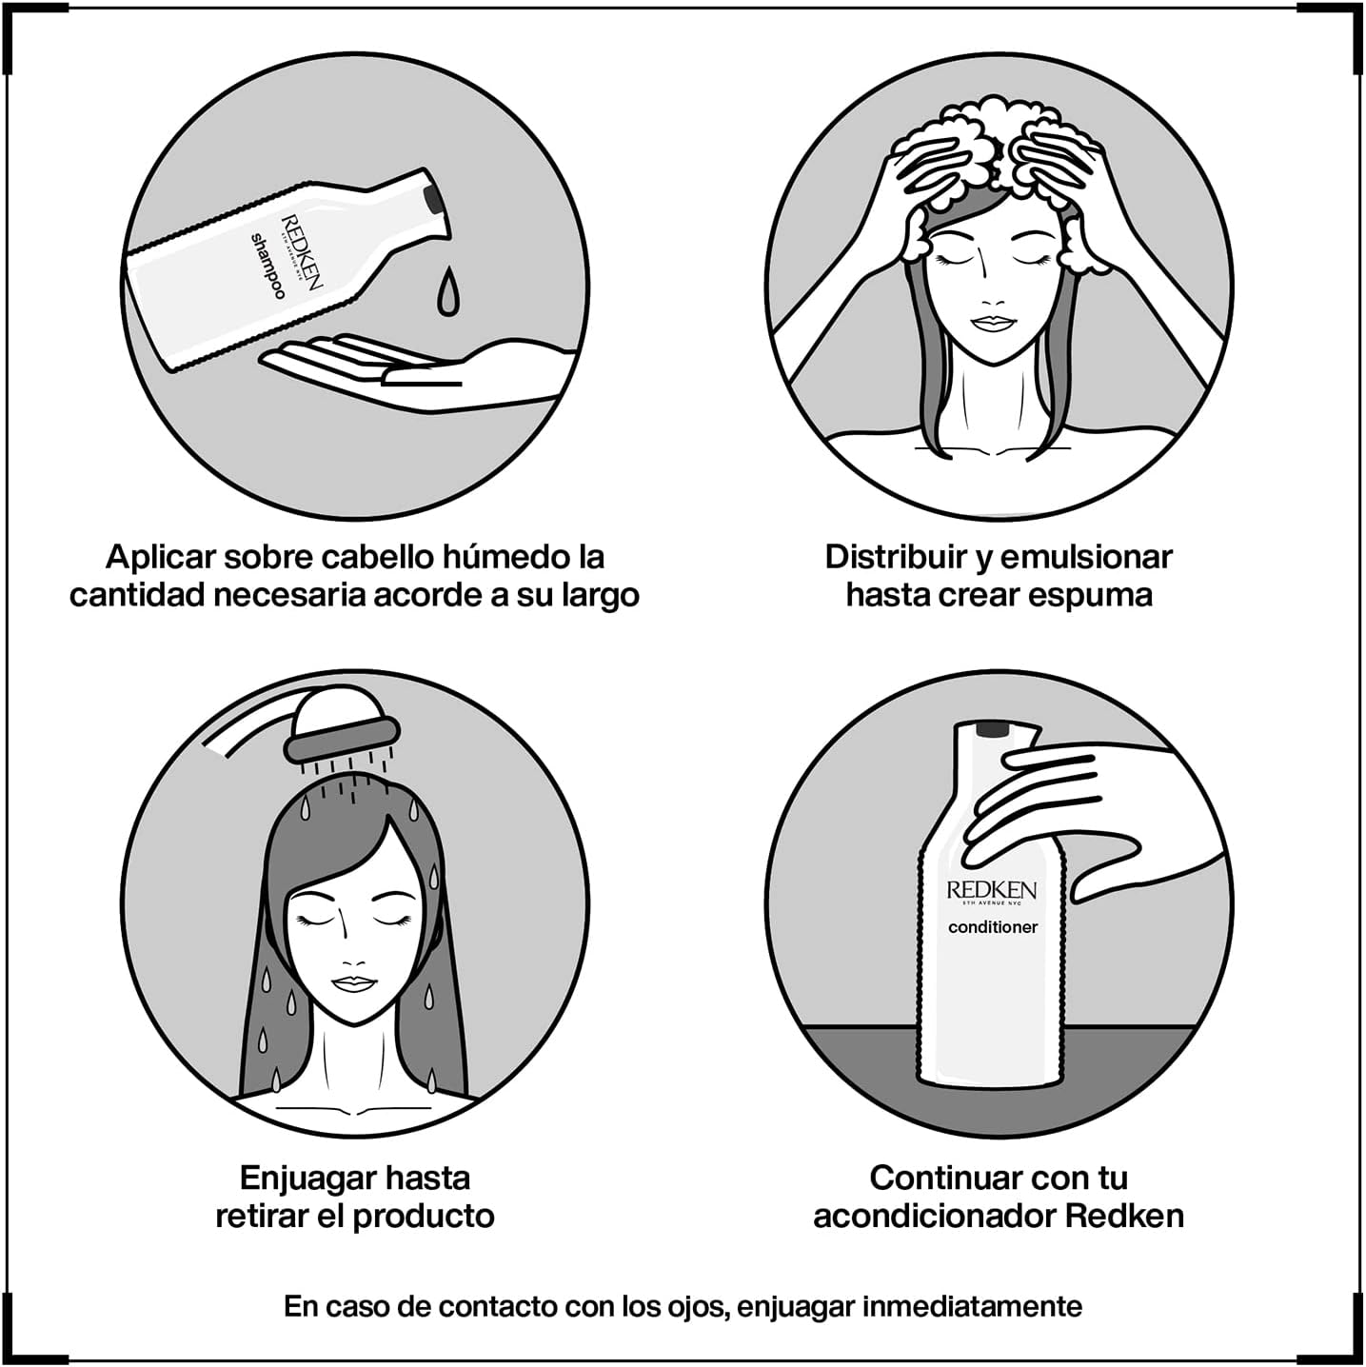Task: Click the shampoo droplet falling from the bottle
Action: (446, 291)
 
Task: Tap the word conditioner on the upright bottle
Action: (993, 926)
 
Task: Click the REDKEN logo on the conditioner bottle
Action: (992, 890)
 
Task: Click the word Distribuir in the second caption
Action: (897, 557)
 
